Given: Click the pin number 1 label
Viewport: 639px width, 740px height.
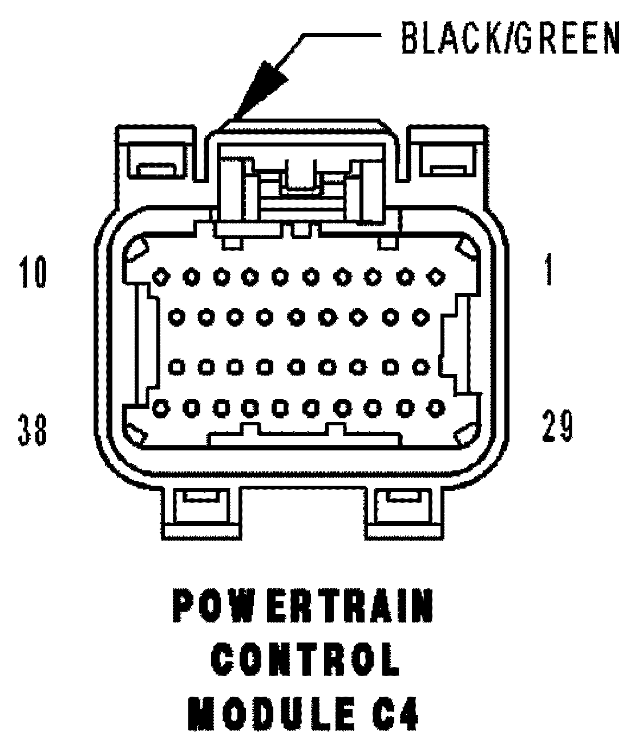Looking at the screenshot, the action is (x=548, y=273).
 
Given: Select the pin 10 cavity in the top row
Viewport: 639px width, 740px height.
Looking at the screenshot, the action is (x=161, y=277).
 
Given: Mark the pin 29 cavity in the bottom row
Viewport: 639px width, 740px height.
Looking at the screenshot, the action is (x=436, y=408).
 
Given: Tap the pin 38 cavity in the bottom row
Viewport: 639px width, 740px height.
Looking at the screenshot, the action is (x=161, y=408).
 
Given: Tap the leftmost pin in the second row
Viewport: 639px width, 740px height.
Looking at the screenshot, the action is (x=177, y=315).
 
